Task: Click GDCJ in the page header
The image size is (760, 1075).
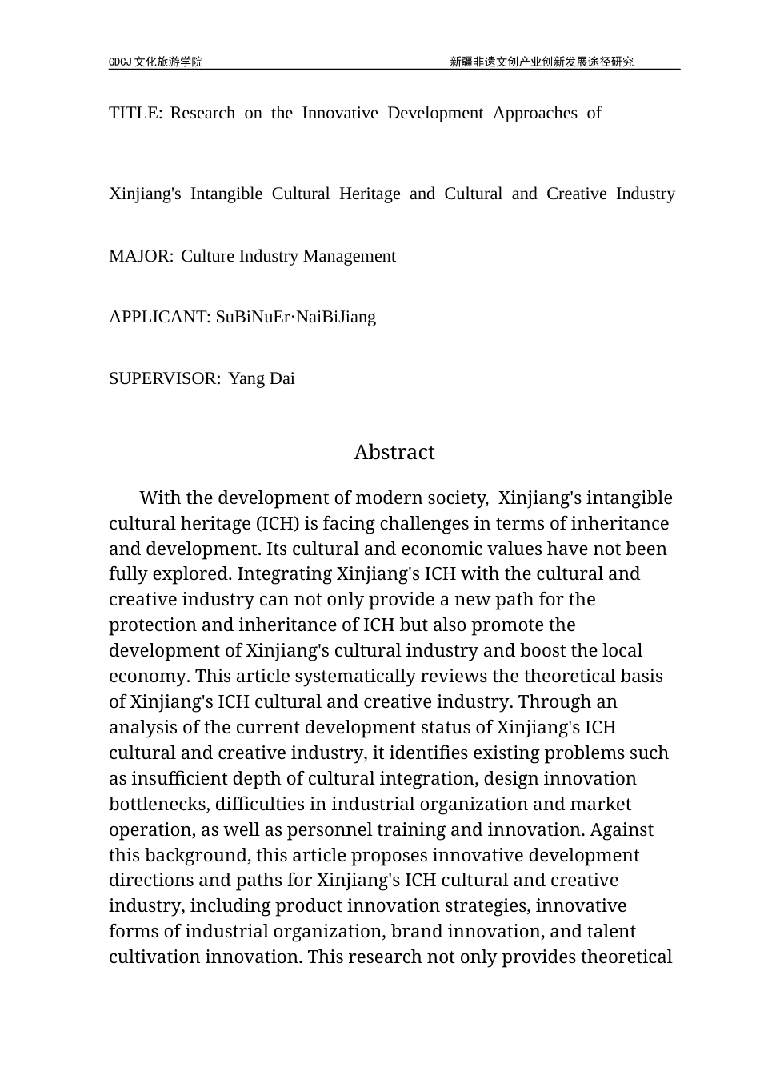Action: (120, 62)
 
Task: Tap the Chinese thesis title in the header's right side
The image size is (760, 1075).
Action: (541, 62)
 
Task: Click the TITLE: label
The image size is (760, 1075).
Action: (135, 113)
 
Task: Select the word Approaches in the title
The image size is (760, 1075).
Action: (534, 113)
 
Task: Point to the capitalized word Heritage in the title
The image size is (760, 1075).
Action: (370, 194)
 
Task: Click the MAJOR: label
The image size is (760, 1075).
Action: (140, 256)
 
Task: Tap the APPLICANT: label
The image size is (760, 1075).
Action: (159, 317)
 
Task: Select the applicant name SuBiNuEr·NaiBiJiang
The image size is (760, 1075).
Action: (295, 317)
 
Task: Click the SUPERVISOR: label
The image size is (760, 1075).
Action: (164, 378)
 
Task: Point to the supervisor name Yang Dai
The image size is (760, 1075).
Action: (262, 378)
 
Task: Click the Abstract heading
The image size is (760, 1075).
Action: (394, 452)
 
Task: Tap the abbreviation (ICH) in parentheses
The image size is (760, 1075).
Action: (277, 523)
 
